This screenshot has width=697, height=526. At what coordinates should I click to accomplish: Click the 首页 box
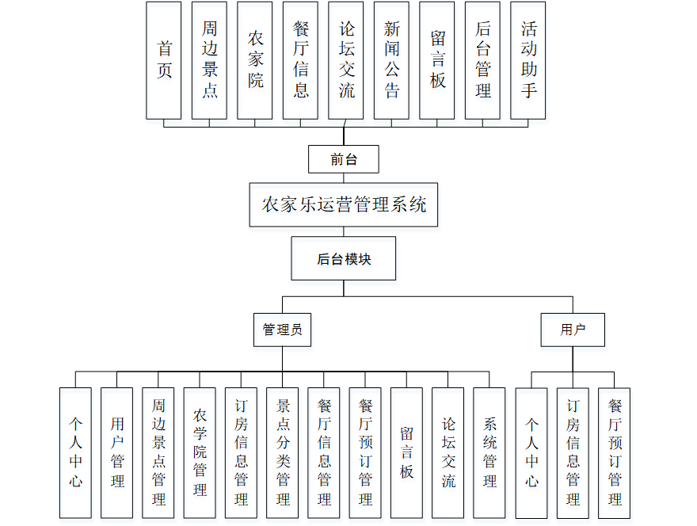point(164,60)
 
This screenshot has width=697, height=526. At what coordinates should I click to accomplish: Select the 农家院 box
point(255,60)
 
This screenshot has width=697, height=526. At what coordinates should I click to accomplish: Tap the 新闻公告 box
point(392,60)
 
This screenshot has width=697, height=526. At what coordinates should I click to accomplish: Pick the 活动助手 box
point(528,60)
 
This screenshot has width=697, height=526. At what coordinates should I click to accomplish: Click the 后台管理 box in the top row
point(483,60)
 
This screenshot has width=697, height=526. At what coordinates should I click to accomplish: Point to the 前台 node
point(344,159)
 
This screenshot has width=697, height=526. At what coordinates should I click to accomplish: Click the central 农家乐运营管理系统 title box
point(344,205)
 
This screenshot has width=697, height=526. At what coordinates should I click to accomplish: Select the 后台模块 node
point(344,258)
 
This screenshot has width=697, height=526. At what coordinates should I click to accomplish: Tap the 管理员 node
point(283,330)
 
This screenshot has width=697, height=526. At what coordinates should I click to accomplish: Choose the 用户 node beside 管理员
point(573,330)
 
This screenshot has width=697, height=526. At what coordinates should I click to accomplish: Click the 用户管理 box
point(117,452)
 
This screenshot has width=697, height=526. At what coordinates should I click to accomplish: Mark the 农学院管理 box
point(200,452)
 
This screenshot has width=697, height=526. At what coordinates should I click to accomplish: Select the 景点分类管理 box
point(283,452)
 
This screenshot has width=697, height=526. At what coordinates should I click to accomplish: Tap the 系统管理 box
point(489,452)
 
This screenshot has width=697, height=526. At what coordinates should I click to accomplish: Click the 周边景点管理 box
point(158,452)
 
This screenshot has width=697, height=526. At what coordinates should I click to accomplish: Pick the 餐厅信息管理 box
point(324,452)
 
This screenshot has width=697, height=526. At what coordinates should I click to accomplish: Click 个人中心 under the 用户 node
point(531,452)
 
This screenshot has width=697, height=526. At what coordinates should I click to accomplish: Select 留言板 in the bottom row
point(406,452)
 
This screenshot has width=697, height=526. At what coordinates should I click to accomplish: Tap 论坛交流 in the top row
point(346,60)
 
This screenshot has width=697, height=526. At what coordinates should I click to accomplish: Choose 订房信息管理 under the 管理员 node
point(241,452)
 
